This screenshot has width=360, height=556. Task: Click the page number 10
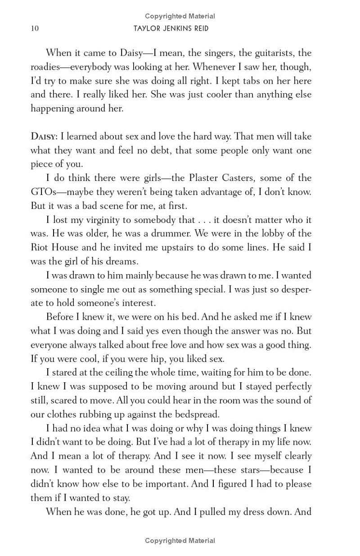click(35, 28)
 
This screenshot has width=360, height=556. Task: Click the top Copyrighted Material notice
click(180, 16)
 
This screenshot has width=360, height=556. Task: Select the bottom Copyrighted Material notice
click(180, 540)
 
